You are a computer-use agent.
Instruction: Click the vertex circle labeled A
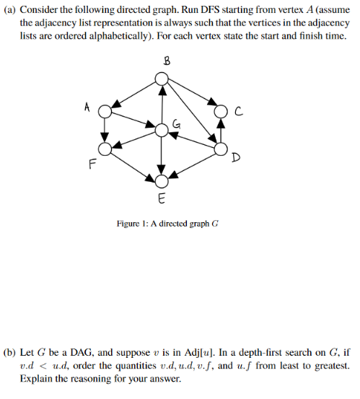point(105,112)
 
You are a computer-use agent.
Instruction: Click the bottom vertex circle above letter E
point(162,180)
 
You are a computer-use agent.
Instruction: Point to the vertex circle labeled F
point(105,149)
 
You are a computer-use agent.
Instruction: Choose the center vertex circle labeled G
point(162,130)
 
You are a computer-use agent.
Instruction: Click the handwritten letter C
point(237,110)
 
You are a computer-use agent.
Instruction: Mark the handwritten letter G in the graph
point(175,125)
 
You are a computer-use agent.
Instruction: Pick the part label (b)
point(9,353)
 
